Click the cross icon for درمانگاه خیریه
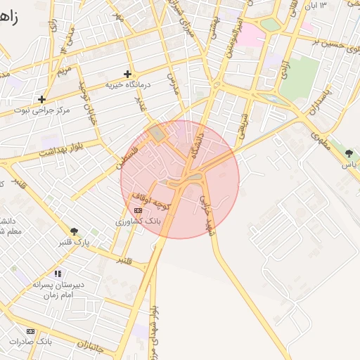(127, 74)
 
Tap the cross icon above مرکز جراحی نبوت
(42, 99)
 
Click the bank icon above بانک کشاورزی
(138, 210)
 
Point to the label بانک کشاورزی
(139, 221)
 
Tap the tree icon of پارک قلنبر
(75, 231)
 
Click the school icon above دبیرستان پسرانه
(58, 273)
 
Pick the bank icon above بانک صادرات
(30, 330)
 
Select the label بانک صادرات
(31, 341)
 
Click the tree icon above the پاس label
(349, 153)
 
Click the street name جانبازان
(89, 345)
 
